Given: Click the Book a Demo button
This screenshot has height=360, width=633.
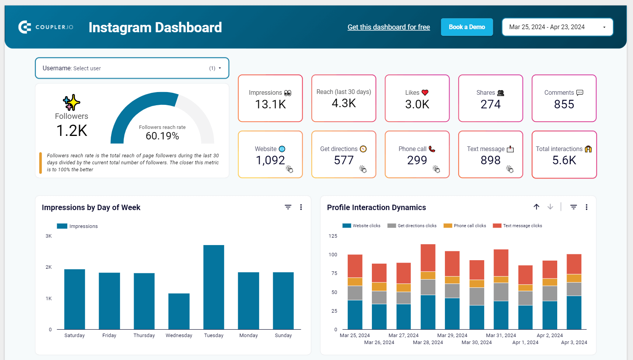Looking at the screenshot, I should [467, 27].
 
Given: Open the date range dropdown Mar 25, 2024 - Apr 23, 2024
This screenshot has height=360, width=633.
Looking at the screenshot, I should [557, 27].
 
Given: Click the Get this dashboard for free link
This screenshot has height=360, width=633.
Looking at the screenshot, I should [389, 27].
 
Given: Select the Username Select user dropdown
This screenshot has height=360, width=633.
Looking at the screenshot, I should [132, 68].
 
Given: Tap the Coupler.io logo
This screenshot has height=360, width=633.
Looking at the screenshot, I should [46, 27].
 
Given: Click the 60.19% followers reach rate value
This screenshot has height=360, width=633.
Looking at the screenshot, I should [162, 136].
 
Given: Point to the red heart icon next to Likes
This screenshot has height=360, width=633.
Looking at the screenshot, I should [425, 92].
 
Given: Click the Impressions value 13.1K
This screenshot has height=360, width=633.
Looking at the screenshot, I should [270, 104].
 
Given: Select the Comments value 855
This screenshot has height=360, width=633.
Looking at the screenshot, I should [564, 104].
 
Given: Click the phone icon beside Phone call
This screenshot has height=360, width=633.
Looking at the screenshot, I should [432, 149].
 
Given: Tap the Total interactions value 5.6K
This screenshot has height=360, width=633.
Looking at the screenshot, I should [564, 160].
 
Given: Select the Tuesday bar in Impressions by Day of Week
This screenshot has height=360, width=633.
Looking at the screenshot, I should [214, 287].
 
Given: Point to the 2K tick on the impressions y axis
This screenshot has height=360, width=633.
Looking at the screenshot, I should [49, 267].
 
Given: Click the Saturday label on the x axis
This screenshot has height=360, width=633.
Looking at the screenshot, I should [75, 336].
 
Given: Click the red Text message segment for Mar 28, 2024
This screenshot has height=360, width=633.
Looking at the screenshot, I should [428, 257].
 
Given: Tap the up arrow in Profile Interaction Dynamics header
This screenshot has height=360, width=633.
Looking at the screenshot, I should [536, 207].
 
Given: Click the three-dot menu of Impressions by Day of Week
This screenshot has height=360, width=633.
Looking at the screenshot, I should [301, 207].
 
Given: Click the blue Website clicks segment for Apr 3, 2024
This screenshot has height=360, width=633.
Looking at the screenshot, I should [574, 313].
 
